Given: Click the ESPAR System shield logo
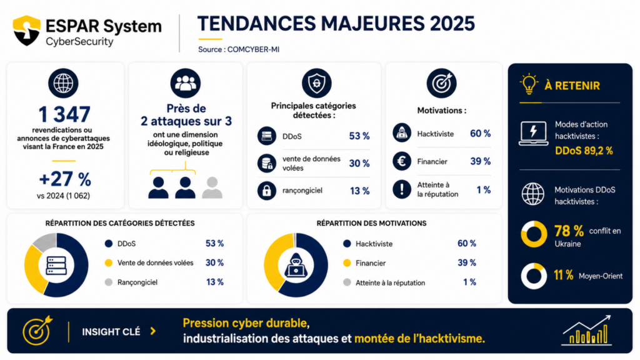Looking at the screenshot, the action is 26,30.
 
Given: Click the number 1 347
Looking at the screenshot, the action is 64,114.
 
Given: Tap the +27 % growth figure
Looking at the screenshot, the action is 65,179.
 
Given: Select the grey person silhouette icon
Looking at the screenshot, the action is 212,187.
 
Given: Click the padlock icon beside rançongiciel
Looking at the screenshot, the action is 267,191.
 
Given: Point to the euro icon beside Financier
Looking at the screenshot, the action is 402,161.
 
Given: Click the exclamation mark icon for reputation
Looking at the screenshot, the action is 402,189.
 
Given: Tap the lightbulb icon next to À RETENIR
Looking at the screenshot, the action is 529,84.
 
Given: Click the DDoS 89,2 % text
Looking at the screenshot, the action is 584,151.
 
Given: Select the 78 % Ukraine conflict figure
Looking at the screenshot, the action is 569,231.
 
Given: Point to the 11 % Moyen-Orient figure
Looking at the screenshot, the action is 563,275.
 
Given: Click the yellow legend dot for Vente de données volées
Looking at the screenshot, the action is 109,263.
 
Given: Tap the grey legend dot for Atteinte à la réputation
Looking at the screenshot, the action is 347,282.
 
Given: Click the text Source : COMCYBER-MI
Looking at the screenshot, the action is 239,49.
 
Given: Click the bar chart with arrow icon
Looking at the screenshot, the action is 586,330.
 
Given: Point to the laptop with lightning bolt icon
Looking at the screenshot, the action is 533,133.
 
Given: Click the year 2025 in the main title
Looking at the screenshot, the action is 452,24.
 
